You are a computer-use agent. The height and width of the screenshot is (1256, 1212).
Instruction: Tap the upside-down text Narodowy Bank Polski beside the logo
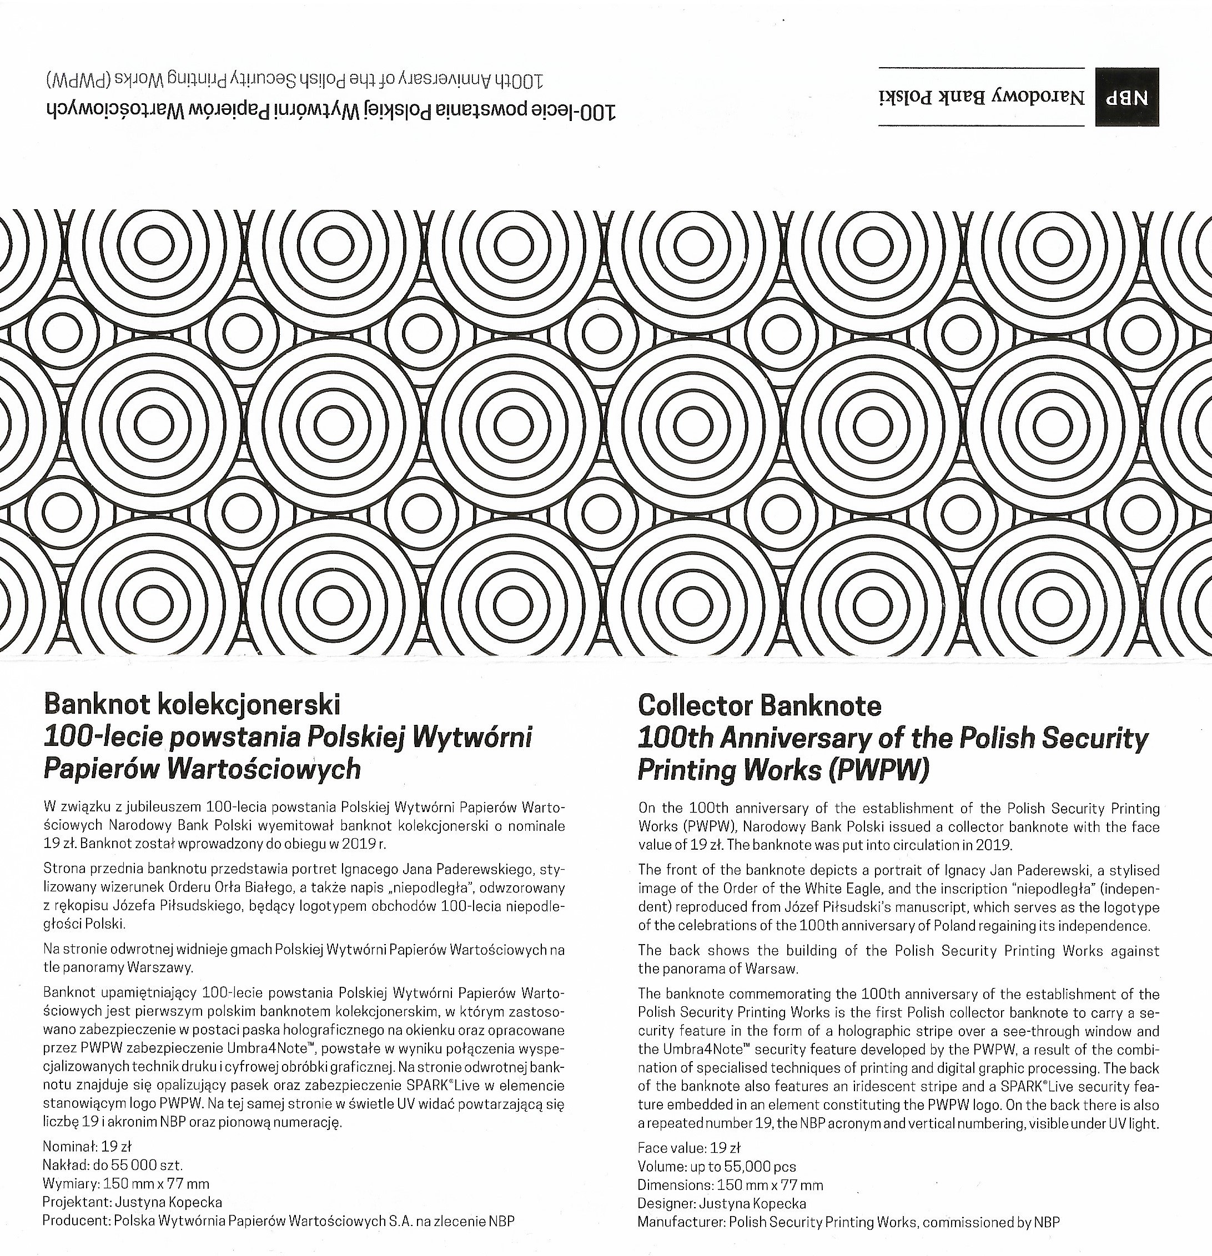click(x=983, y=97)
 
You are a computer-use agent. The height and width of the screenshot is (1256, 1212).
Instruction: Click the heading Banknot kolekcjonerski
click(x=192, y=705)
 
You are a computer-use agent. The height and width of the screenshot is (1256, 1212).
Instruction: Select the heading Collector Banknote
click(x=760, y=706)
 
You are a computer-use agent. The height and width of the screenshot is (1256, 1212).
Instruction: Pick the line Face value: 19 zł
click(x=689, y=1148)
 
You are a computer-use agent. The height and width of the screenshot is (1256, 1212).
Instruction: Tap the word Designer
click(x=665, y=1203)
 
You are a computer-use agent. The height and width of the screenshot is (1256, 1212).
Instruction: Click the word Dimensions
click(x=673, y=1185)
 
